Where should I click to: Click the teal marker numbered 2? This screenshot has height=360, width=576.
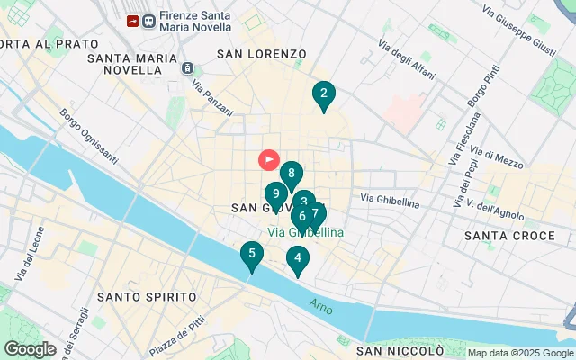[323, 94]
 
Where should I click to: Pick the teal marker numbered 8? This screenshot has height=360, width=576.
[291, 175]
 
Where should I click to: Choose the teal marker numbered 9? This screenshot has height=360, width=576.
[275, 194]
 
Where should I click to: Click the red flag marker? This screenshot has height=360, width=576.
[269, 160]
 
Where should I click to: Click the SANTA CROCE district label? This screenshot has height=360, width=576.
[509, 236]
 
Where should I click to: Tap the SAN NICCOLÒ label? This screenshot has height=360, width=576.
[400, 350]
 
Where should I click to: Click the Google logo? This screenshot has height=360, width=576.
[30, 348]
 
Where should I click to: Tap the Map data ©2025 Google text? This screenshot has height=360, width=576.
[519, 353]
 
